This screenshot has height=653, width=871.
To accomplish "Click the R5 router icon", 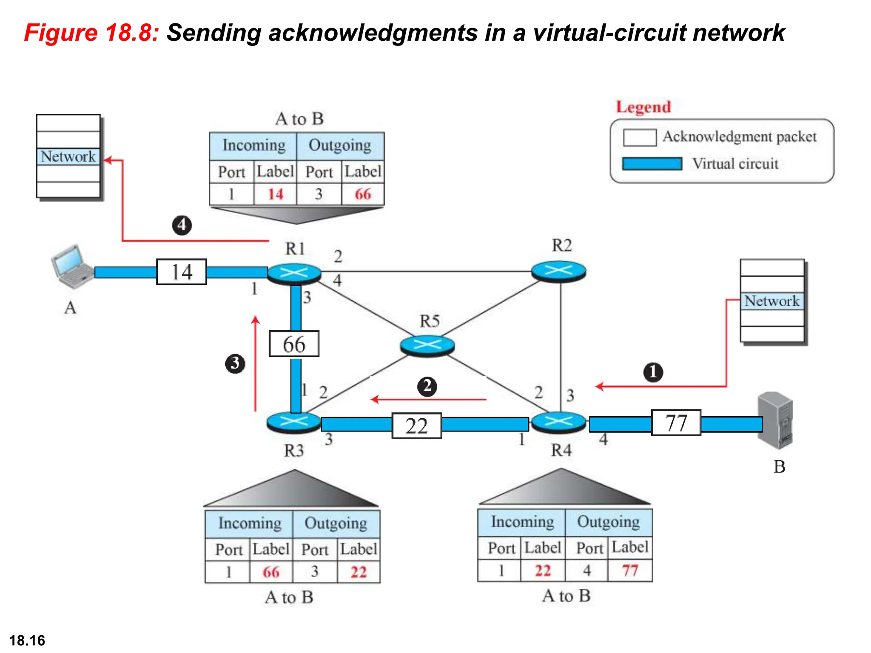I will click(427, 345).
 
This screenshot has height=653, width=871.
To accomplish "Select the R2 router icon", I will click(559, 271).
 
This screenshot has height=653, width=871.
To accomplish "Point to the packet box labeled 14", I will click(182, 272).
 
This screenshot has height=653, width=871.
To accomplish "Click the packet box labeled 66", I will click(294, 344).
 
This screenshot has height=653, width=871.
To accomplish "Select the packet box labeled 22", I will click(417, 426).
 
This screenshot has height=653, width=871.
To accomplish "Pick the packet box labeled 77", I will click(676, 423).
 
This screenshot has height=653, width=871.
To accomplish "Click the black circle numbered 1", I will click(653, 372).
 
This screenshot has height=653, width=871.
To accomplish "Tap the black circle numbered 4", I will click(182, 225).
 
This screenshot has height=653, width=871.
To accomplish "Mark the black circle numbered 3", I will click(235, 363).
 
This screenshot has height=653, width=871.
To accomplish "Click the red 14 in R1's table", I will click(276, 194).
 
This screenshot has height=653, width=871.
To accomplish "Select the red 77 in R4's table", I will click(630, 571).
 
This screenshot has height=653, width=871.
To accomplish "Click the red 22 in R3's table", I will click(359, 572).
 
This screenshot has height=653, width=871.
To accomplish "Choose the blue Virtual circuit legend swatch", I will click(652, 164).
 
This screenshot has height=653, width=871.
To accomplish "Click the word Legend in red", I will click(643, 107).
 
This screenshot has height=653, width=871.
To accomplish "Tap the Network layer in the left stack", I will click(68, 156).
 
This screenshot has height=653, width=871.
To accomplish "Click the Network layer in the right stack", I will click(772, 301).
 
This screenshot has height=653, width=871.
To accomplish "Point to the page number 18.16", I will click(27, 640).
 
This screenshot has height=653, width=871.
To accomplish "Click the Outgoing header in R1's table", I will click(340, 145).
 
